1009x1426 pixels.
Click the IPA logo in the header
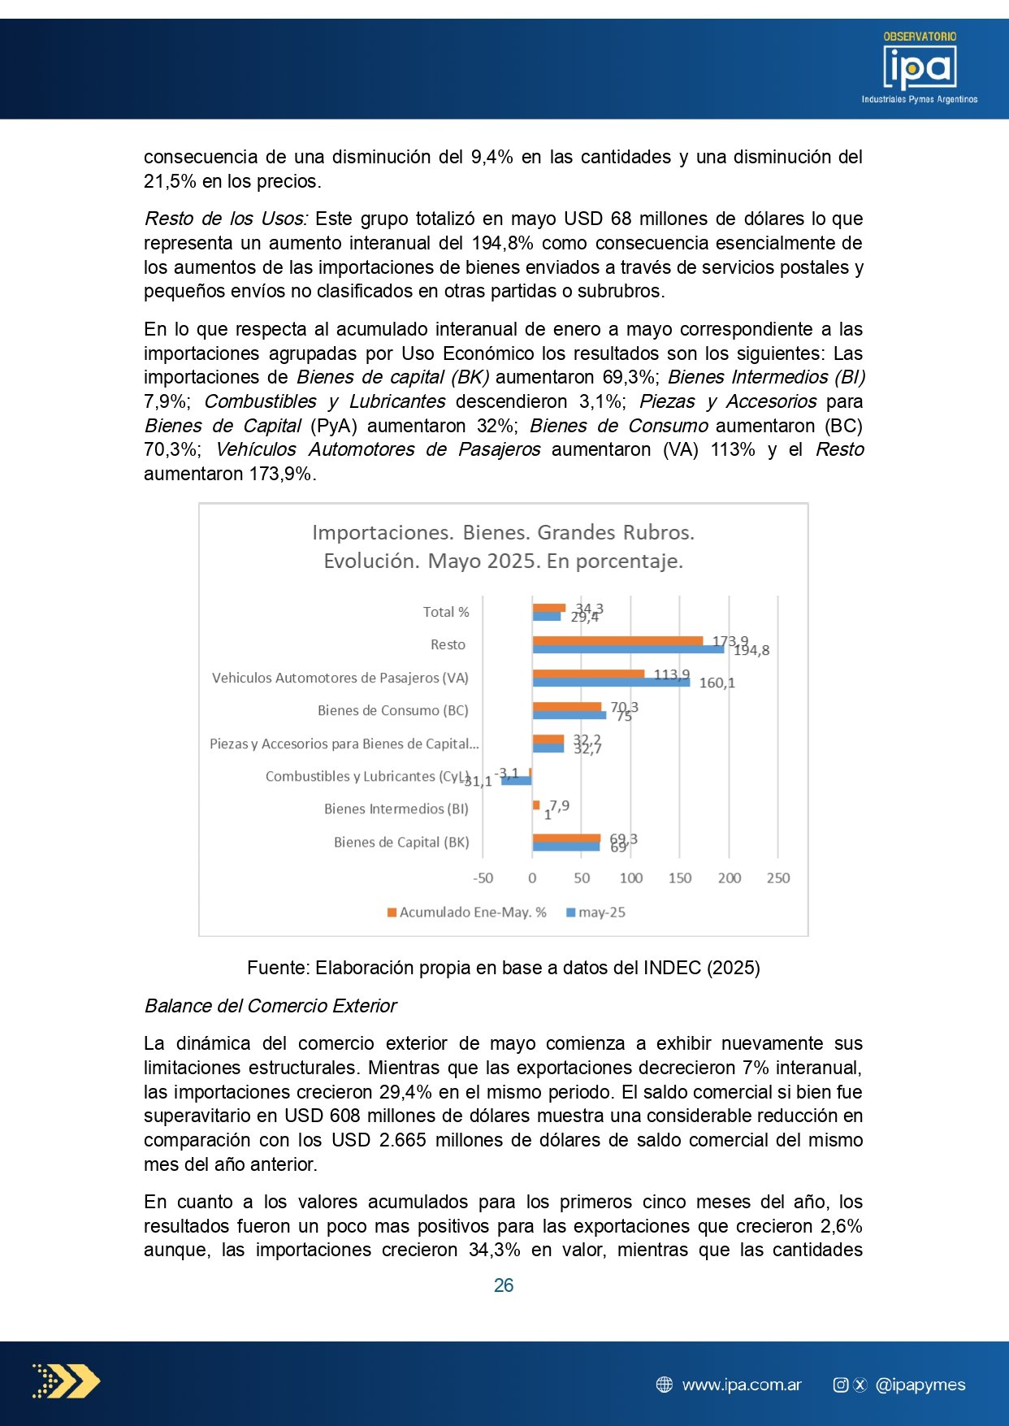click(920, 68)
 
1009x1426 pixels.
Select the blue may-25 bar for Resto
click(627, 649)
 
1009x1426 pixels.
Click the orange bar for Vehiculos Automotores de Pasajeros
click(588, 674)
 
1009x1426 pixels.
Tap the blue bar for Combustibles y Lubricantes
click(517, 781)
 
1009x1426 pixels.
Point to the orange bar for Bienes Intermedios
click(536, 804)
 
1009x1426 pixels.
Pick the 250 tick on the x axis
click(777, 878)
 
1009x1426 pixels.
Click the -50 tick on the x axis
click(483, 878)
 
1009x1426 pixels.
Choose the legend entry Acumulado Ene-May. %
click(467, 912)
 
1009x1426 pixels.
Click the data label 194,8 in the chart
click(751, 651)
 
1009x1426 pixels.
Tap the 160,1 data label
click(717, 683)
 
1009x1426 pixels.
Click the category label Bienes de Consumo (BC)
click(392, 711)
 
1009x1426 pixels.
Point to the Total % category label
click(445, 613)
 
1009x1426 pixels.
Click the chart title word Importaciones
click(382, 533)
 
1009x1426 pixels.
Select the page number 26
click(504, 1285)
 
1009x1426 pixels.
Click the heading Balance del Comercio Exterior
click(271, 1006)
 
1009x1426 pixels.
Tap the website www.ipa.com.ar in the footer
click(741, 1385)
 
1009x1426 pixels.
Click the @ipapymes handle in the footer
click(920, 1385)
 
